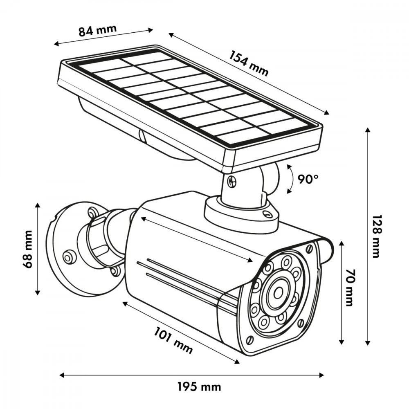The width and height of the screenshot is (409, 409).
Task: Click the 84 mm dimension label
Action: tap(98, 31)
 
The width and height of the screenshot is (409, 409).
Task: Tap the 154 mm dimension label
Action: tap(249, 63)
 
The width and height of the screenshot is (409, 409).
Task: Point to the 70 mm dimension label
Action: tap(349, 287)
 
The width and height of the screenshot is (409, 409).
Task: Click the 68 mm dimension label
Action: tap(28, 249)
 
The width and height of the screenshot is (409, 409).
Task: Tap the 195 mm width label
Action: tap(199, 387)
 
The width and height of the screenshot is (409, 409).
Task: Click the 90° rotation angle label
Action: tap(308, 179)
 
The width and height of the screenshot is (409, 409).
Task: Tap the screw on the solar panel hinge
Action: tap(231, 180)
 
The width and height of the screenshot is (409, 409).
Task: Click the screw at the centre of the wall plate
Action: tap(68, 257)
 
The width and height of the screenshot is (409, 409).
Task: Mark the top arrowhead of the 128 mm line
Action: tap(368, 131)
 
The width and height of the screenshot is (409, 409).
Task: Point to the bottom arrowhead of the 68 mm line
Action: tap(38, 292)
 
